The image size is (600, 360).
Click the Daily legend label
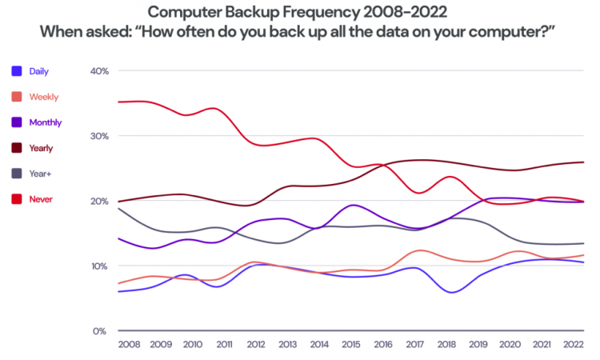(x=39, y=71)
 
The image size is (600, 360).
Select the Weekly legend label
(x=43, y=97)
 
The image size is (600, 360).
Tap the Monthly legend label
(x=45, y=122)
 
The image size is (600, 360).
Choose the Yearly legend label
(x=42, y=148)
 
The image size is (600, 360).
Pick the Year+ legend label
(x=40, y=173)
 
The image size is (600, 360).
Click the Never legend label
(x=40, y=198)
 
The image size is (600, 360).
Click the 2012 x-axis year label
(x=256, y=345)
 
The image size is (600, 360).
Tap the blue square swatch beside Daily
(x=17, y=71)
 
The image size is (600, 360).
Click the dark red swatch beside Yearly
(x=17, y=148)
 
